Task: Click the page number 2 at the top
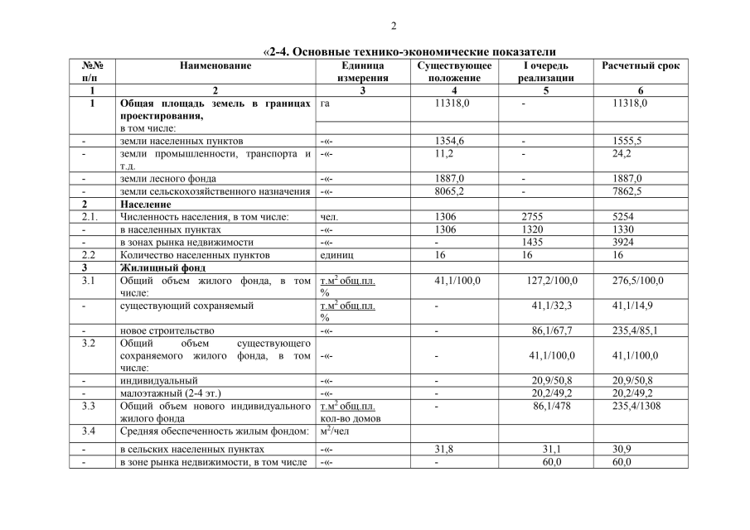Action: (x=394, y=25)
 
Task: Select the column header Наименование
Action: (x=215, y=65)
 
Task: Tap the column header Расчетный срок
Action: (x=641, y=65)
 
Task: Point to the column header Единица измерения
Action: (x=362, y=71)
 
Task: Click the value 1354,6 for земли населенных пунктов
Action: (x=451, y=141)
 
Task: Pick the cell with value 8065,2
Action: (x=451, y=191)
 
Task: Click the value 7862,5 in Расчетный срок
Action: (x=627, y=191)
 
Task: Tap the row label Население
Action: (x=146, y=204)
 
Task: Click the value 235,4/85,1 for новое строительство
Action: (x=635, y=330)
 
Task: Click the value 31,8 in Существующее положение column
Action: (x=446, y=449)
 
